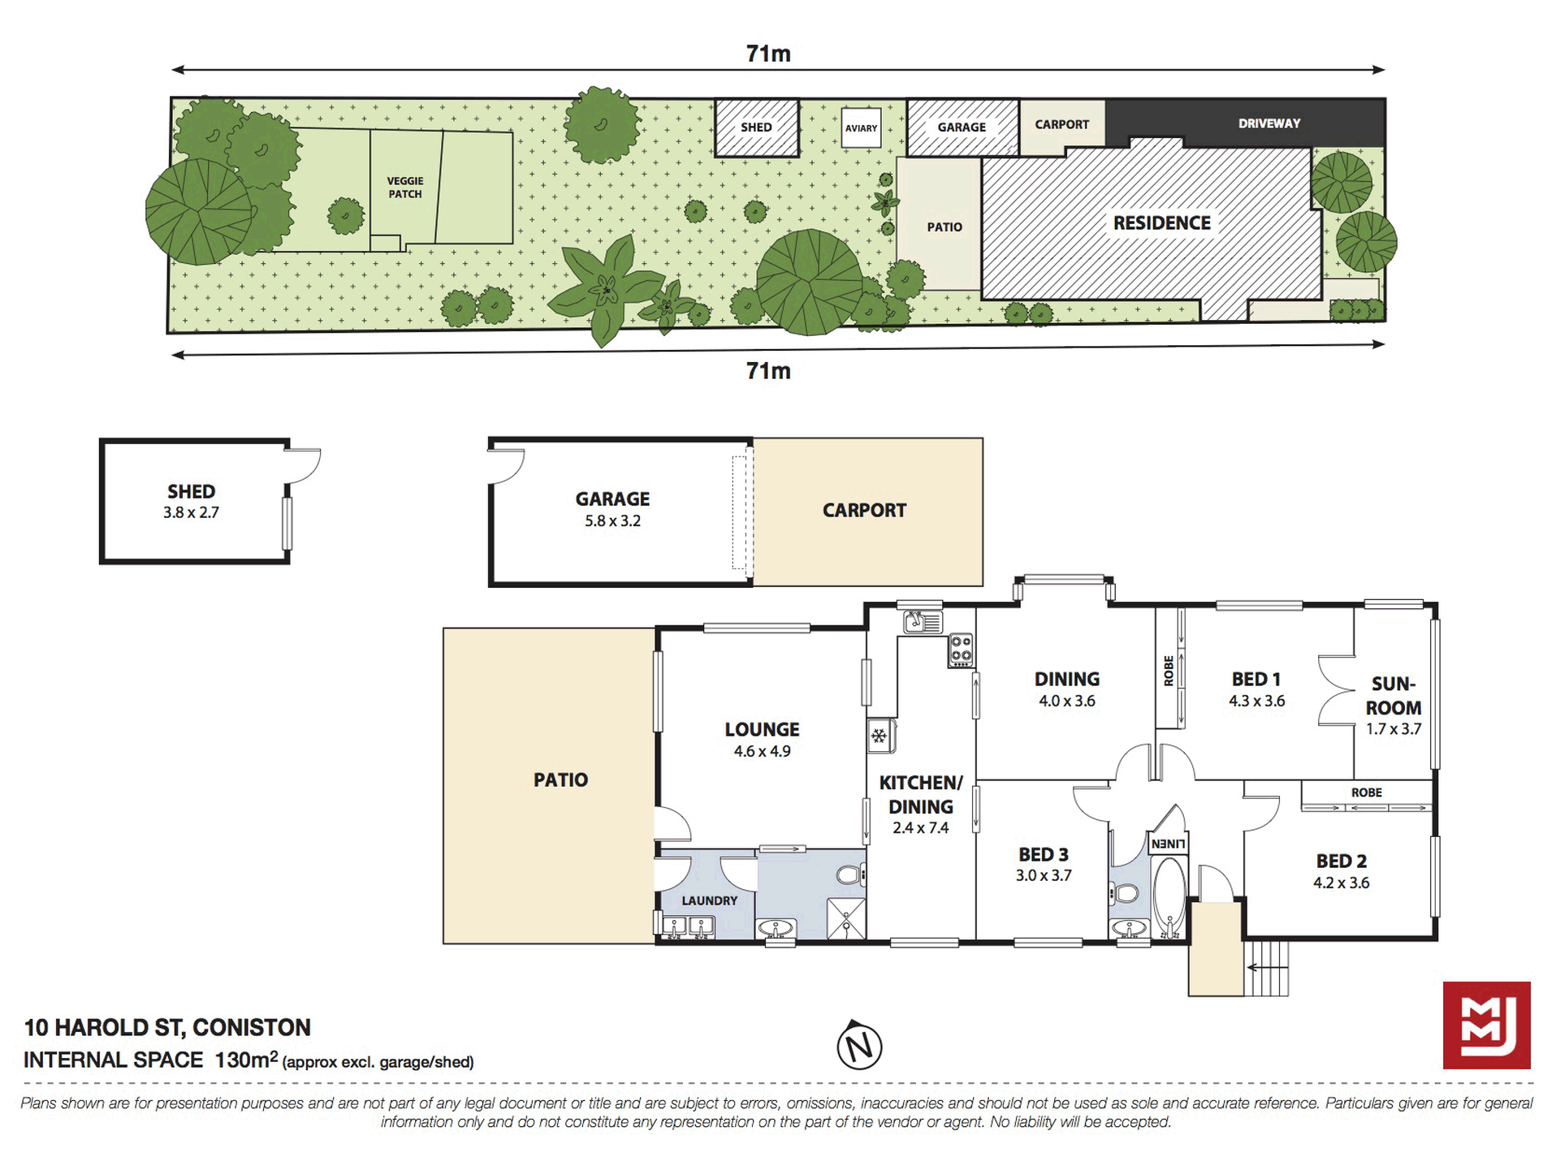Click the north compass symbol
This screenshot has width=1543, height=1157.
(859, 1045)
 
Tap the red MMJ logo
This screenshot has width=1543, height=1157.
(1486, 1025)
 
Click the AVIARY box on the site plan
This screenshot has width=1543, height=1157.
(861, 128)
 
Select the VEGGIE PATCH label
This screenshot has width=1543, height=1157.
(405, 188)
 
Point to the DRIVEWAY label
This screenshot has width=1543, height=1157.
(1269, 123)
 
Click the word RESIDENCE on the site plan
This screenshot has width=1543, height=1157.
(1161, 223)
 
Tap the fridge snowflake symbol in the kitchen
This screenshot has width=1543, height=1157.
(879, 736)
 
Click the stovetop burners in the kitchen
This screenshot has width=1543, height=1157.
(961, 650)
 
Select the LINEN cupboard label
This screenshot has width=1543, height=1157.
(1169, 844)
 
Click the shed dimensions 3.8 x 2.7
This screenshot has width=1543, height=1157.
(192, 512)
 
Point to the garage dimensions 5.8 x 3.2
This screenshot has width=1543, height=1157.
(613, 521)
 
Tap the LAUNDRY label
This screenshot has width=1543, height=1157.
(710, 900)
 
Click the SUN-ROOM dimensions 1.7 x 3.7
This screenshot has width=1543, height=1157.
(1394, 729)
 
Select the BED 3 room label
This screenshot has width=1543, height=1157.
(1044, 854)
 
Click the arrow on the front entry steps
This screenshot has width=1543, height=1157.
(1263, 967)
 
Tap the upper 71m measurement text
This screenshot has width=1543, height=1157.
(768, 54)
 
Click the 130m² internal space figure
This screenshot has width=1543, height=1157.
(246, 1060)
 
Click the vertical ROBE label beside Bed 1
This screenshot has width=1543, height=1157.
(1169, 671)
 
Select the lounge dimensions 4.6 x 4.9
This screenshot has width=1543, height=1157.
(763, 752)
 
